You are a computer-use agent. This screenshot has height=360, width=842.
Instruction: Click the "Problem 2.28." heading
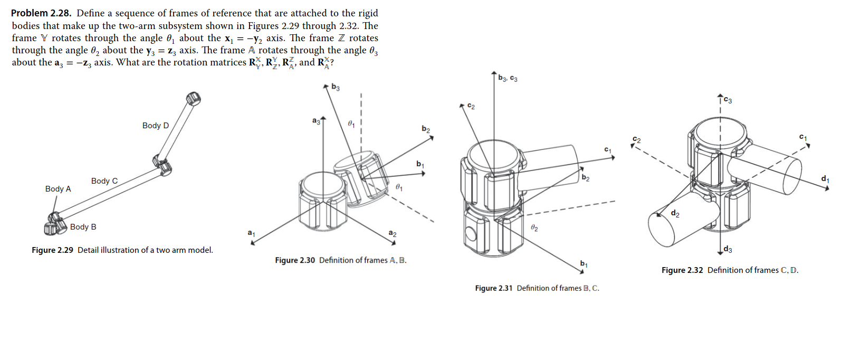(41, 13)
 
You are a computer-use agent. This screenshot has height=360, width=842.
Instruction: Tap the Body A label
(58, 189)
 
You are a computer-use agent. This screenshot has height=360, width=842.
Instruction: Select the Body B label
(83, 227)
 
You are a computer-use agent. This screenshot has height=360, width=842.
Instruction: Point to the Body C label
(104, 181)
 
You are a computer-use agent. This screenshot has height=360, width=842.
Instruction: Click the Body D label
(156, 126)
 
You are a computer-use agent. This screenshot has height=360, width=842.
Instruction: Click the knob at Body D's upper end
(194, 98)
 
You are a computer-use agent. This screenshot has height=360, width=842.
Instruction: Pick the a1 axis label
(251, 233)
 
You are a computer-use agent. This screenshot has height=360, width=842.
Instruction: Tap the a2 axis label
(393, 233)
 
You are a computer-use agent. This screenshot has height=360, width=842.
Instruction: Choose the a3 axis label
(316, 121)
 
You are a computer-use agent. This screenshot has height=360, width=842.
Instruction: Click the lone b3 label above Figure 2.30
(336, 87)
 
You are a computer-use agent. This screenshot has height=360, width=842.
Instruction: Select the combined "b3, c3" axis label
(508, 79)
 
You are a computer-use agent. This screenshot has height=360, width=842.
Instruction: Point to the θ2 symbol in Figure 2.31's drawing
(534, 228)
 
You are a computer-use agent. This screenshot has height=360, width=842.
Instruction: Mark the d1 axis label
(825, 179)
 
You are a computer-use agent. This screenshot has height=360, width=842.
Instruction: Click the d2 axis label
(675, 213)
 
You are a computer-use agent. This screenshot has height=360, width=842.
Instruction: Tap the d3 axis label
(728, 249)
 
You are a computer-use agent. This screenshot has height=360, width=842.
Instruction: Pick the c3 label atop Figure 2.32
(728, 100)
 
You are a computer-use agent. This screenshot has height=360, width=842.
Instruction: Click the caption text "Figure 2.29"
(52, 250)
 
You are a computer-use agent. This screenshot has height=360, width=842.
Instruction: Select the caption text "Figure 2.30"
(295, 260)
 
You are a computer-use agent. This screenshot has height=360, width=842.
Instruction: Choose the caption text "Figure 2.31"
(494, 288)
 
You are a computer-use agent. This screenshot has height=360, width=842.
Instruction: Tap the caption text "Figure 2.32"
(682, 270)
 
